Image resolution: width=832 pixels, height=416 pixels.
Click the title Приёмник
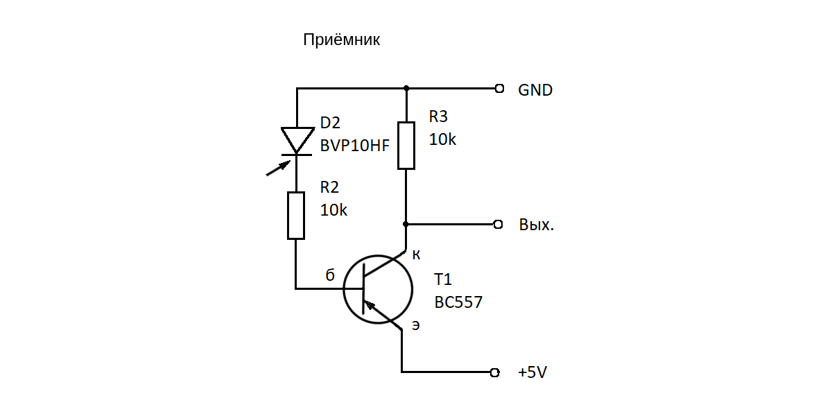click(x=341, y=40)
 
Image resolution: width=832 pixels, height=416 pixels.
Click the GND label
click(x=535, y=90)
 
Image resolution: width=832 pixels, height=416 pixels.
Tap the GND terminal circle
click(x=499, y=89)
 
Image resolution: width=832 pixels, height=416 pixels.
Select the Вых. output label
click(x=536, y=225)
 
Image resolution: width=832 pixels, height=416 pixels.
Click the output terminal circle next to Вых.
click(x=498, y=225)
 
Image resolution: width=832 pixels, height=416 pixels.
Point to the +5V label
click(x=532, y=372)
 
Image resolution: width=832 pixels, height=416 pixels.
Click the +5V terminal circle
click(x=494, y=372)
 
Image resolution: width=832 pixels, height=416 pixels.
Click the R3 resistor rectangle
click(x=406, y=145)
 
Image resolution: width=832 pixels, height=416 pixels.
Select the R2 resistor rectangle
click(x=296, y=216)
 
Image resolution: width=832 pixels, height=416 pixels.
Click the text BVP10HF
click(x=354, y=146)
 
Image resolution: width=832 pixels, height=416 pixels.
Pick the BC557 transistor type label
click(x=458, y=302)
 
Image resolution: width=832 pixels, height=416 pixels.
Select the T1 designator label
click(x=442, y=280)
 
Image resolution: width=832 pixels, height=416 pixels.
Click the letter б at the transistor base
click(x=330, y=275)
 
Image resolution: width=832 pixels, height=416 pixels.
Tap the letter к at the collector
click(x=416, y=255)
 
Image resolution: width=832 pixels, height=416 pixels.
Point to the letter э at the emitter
click(x=415, y=324)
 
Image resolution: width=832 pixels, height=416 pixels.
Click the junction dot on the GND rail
click(x=406, y=89)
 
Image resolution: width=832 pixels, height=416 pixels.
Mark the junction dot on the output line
click(x=406, y=225)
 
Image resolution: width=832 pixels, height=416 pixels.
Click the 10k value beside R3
click(x=442, y=139)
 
